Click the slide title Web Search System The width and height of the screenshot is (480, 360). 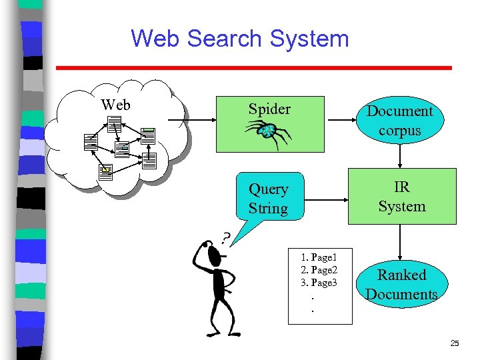pos(240,38)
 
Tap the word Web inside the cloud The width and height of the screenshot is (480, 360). pos(115,105)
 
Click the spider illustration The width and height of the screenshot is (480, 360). pos(267,133)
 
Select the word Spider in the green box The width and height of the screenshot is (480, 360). pos(269,109)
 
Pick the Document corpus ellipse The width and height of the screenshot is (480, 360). pos(399,121)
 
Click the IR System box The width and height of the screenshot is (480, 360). pos(401,197)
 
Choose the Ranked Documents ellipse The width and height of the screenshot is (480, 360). pos(401,285)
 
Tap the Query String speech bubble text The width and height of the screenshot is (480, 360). pos(268,199)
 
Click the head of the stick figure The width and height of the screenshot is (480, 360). pos(212,254)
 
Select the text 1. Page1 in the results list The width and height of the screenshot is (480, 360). pos(319,257)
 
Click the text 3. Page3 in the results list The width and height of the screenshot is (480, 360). pos(319,283)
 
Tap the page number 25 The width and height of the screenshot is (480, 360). pos(454,343)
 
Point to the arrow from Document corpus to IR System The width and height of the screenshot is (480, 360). pos(399,156)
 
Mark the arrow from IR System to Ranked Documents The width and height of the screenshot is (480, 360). pos(399,243)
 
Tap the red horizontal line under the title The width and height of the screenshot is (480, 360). pos(253,67)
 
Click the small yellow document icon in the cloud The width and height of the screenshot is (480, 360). pos(105,171)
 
